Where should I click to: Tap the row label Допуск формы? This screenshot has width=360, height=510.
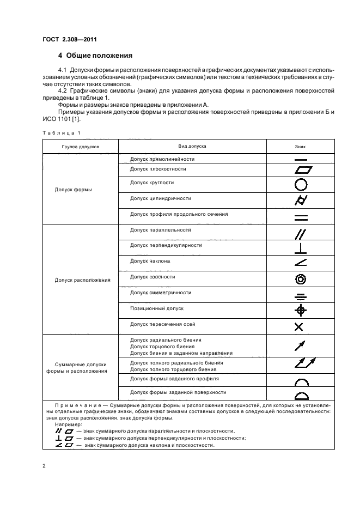(x=74, y=190)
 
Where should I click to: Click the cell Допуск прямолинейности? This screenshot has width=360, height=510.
(x=162, y=159)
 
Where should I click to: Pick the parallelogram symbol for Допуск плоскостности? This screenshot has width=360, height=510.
(x=301, y=169)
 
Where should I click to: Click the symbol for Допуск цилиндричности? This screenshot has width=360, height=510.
(x=301, y=201)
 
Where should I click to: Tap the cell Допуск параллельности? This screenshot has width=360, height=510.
(x=161, y=230)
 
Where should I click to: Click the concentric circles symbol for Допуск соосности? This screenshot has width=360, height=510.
(x=301, y=280)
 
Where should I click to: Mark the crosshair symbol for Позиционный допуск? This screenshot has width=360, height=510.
(x=301, y=311)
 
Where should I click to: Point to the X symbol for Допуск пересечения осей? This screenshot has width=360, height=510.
(x=299, y=327)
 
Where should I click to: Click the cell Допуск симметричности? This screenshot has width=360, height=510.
(x=161, y=293)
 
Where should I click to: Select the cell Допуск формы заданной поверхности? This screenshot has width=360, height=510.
(x=178, y=392)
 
